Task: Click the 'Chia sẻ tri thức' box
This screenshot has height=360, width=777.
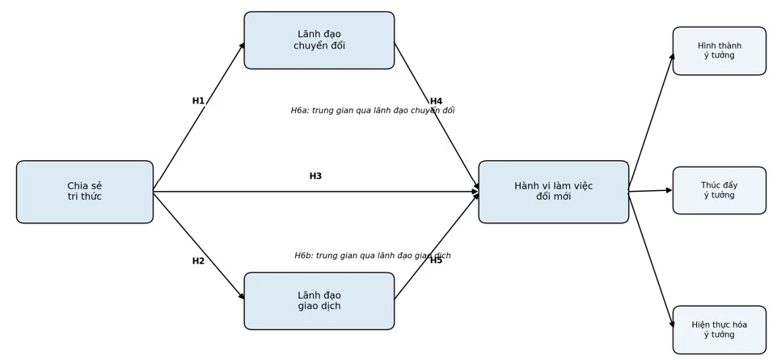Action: click(x=85, y=192)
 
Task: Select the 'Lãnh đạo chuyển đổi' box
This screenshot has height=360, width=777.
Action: click(x=319, y=40)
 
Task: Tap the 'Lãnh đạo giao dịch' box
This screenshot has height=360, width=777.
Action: click(x=319, y=300)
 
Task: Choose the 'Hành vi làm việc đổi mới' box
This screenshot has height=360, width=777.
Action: click(x=554, y=192)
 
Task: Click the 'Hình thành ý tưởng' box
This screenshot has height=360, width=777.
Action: click(x=720, y=51)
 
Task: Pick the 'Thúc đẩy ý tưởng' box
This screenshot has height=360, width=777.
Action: click(x=720, y=190)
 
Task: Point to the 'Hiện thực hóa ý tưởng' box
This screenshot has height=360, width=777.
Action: click(x=720, y=330)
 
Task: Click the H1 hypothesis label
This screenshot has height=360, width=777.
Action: click(x=198, y=100)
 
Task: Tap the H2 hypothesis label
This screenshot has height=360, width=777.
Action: click(x=198, y=260)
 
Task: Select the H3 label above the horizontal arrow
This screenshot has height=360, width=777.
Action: click(x=315, y=176)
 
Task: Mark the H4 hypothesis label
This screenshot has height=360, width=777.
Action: click(x=436, y=100)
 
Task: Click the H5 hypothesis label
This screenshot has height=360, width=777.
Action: click(x=436, y=260)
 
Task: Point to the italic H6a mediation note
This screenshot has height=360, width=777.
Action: click(x=373, y=111)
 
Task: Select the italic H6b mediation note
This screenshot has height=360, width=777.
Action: click(x=373, y=256)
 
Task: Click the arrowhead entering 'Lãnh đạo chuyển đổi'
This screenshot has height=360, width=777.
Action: click(x=242, y=45)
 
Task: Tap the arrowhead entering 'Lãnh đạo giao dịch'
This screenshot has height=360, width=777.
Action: click(x=242, y=296)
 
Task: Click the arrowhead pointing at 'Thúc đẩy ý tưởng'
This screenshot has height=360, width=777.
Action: click(x=669, y=190)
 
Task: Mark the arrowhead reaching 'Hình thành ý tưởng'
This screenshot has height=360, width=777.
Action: click(x=672, y=57)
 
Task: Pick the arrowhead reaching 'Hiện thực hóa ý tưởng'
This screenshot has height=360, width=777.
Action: click(x=672, y=324)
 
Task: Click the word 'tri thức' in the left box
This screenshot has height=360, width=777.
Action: click(x=85, y=197)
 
